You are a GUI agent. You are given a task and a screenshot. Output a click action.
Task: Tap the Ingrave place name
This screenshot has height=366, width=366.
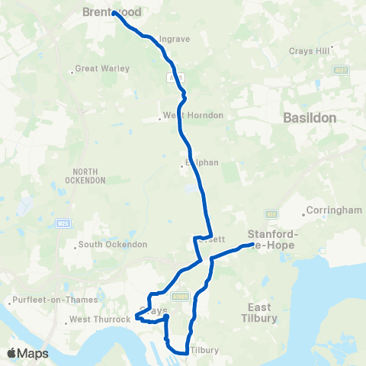point(175,39)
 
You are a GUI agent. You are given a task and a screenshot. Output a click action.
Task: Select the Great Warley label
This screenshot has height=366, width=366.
point(104,69)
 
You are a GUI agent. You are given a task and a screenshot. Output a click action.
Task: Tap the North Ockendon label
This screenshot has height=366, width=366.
point(89,175)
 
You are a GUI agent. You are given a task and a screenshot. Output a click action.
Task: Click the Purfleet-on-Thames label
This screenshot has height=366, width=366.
point(43,302)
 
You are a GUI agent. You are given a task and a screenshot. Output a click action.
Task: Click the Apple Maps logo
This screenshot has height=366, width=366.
point(27,354)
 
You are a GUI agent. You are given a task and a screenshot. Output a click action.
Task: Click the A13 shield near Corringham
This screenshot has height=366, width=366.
point(270,214)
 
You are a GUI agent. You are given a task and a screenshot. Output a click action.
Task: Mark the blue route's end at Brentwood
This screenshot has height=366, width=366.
point(114,13)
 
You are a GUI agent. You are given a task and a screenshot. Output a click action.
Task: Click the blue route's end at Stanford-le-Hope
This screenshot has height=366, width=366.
point(251,246)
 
